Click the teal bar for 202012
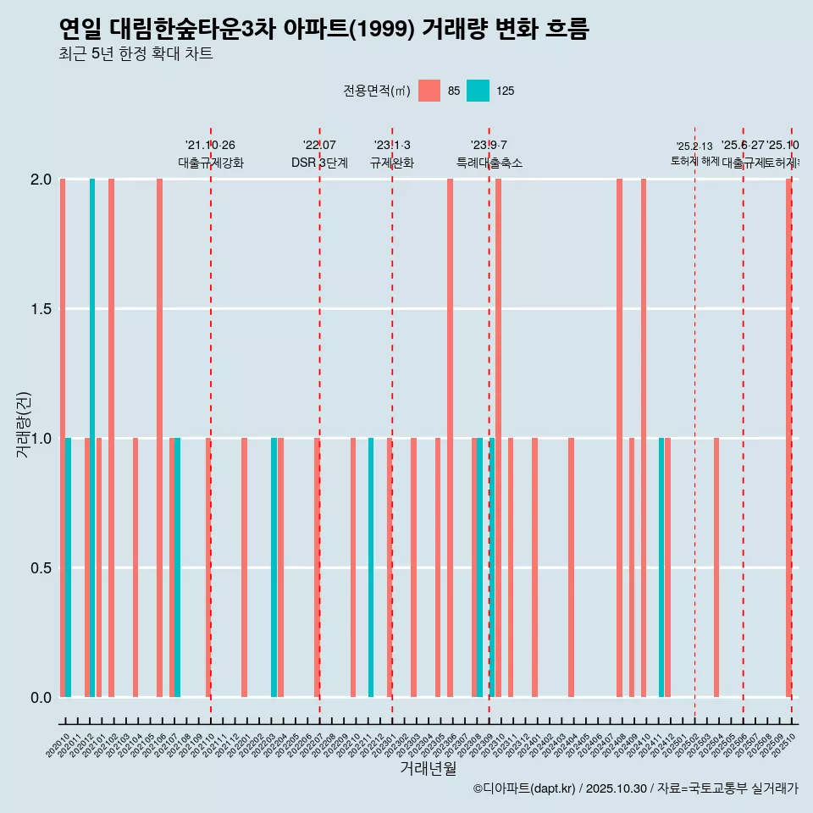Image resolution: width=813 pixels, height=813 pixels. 92,438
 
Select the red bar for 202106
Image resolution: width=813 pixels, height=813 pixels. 159,438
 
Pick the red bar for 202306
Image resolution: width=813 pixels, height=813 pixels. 450,438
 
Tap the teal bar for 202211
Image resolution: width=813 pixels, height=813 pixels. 371,567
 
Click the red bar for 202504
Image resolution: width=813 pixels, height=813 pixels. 716,567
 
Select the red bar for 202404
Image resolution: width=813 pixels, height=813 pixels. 571,567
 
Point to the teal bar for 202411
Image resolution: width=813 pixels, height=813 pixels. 661,567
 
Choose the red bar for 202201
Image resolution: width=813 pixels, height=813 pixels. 244,567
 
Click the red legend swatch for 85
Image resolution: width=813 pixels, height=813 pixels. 429,91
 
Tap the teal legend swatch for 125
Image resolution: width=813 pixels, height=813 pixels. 478,91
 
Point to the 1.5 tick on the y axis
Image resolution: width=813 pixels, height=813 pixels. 41,309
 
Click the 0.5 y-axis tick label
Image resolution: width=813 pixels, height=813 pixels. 41,568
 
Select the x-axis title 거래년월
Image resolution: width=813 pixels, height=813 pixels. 428,769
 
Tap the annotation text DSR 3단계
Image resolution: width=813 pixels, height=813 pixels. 319,163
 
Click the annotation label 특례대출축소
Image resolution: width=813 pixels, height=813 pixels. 489,163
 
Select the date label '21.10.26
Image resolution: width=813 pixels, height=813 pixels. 210,145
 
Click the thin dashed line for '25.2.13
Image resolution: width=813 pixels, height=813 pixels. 694,423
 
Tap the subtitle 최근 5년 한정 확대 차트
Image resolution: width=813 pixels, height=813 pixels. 135,54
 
